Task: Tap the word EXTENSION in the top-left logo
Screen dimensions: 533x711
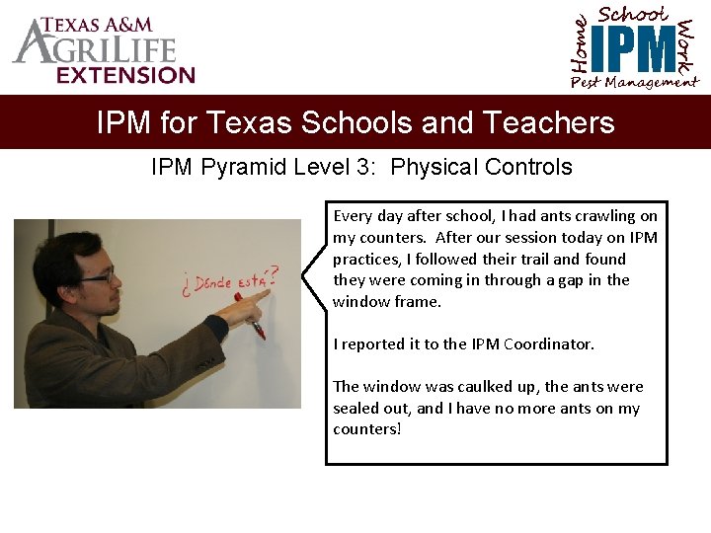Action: pyautogui.click(x=125, y=75)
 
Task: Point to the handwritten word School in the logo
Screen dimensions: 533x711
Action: pyautogui.click(x=633, y=14)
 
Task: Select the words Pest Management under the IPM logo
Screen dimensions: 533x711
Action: pyautogui.click(x=634, y=83)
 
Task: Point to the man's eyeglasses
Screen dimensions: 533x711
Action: pyautogui.click(x=96, y=277)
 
